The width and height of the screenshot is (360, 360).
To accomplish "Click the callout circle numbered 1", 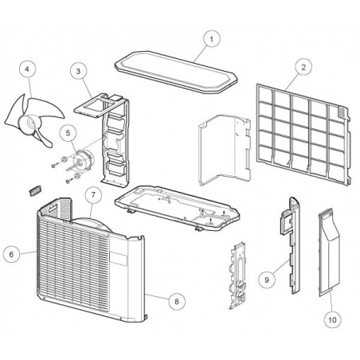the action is click(x=212, y=39).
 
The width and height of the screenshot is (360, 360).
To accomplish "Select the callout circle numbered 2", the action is click(x=303, y=67).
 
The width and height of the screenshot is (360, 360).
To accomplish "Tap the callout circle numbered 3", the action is click(x=78, y=71).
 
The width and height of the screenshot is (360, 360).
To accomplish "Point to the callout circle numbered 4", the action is click(x=28, y=69).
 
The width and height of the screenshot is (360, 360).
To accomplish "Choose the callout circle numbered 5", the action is click(x=68, y=133).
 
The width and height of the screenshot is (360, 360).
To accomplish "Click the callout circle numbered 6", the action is click(x=11, y=254).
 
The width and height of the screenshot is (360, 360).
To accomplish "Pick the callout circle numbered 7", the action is click(x=93, y=195).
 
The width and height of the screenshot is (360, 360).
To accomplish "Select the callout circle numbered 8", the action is click(x=177, y=301).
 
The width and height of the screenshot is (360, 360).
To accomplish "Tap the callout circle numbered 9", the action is click(x=267, y=280).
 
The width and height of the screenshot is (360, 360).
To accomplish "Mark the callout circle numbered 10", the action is click(x=333, y=319).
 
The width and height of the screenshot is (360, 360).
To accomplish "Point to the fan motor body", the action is click(x=84, y=158).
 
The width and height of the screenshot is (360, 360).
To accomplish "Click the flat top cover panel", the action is click(x=176, y=72).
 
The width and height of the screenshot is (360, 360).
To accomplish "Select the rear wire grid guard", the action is click(x=303, y=134).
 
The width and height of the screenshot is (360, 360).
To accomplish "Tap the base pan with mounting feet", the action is click(x=177, y=207).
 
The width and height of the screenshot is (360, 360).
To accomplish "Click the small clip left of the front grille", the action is click(x=34, y=191).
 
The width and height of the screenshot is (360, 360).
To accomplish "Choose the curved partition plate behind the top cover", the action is click(x=225, y=150).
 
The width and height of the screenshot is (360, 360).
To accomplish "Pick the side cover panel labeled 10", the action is click(x=329, y=252).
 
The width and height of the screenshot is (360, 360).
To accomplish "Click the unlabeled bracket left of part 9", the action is click(x=238, y=276).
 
